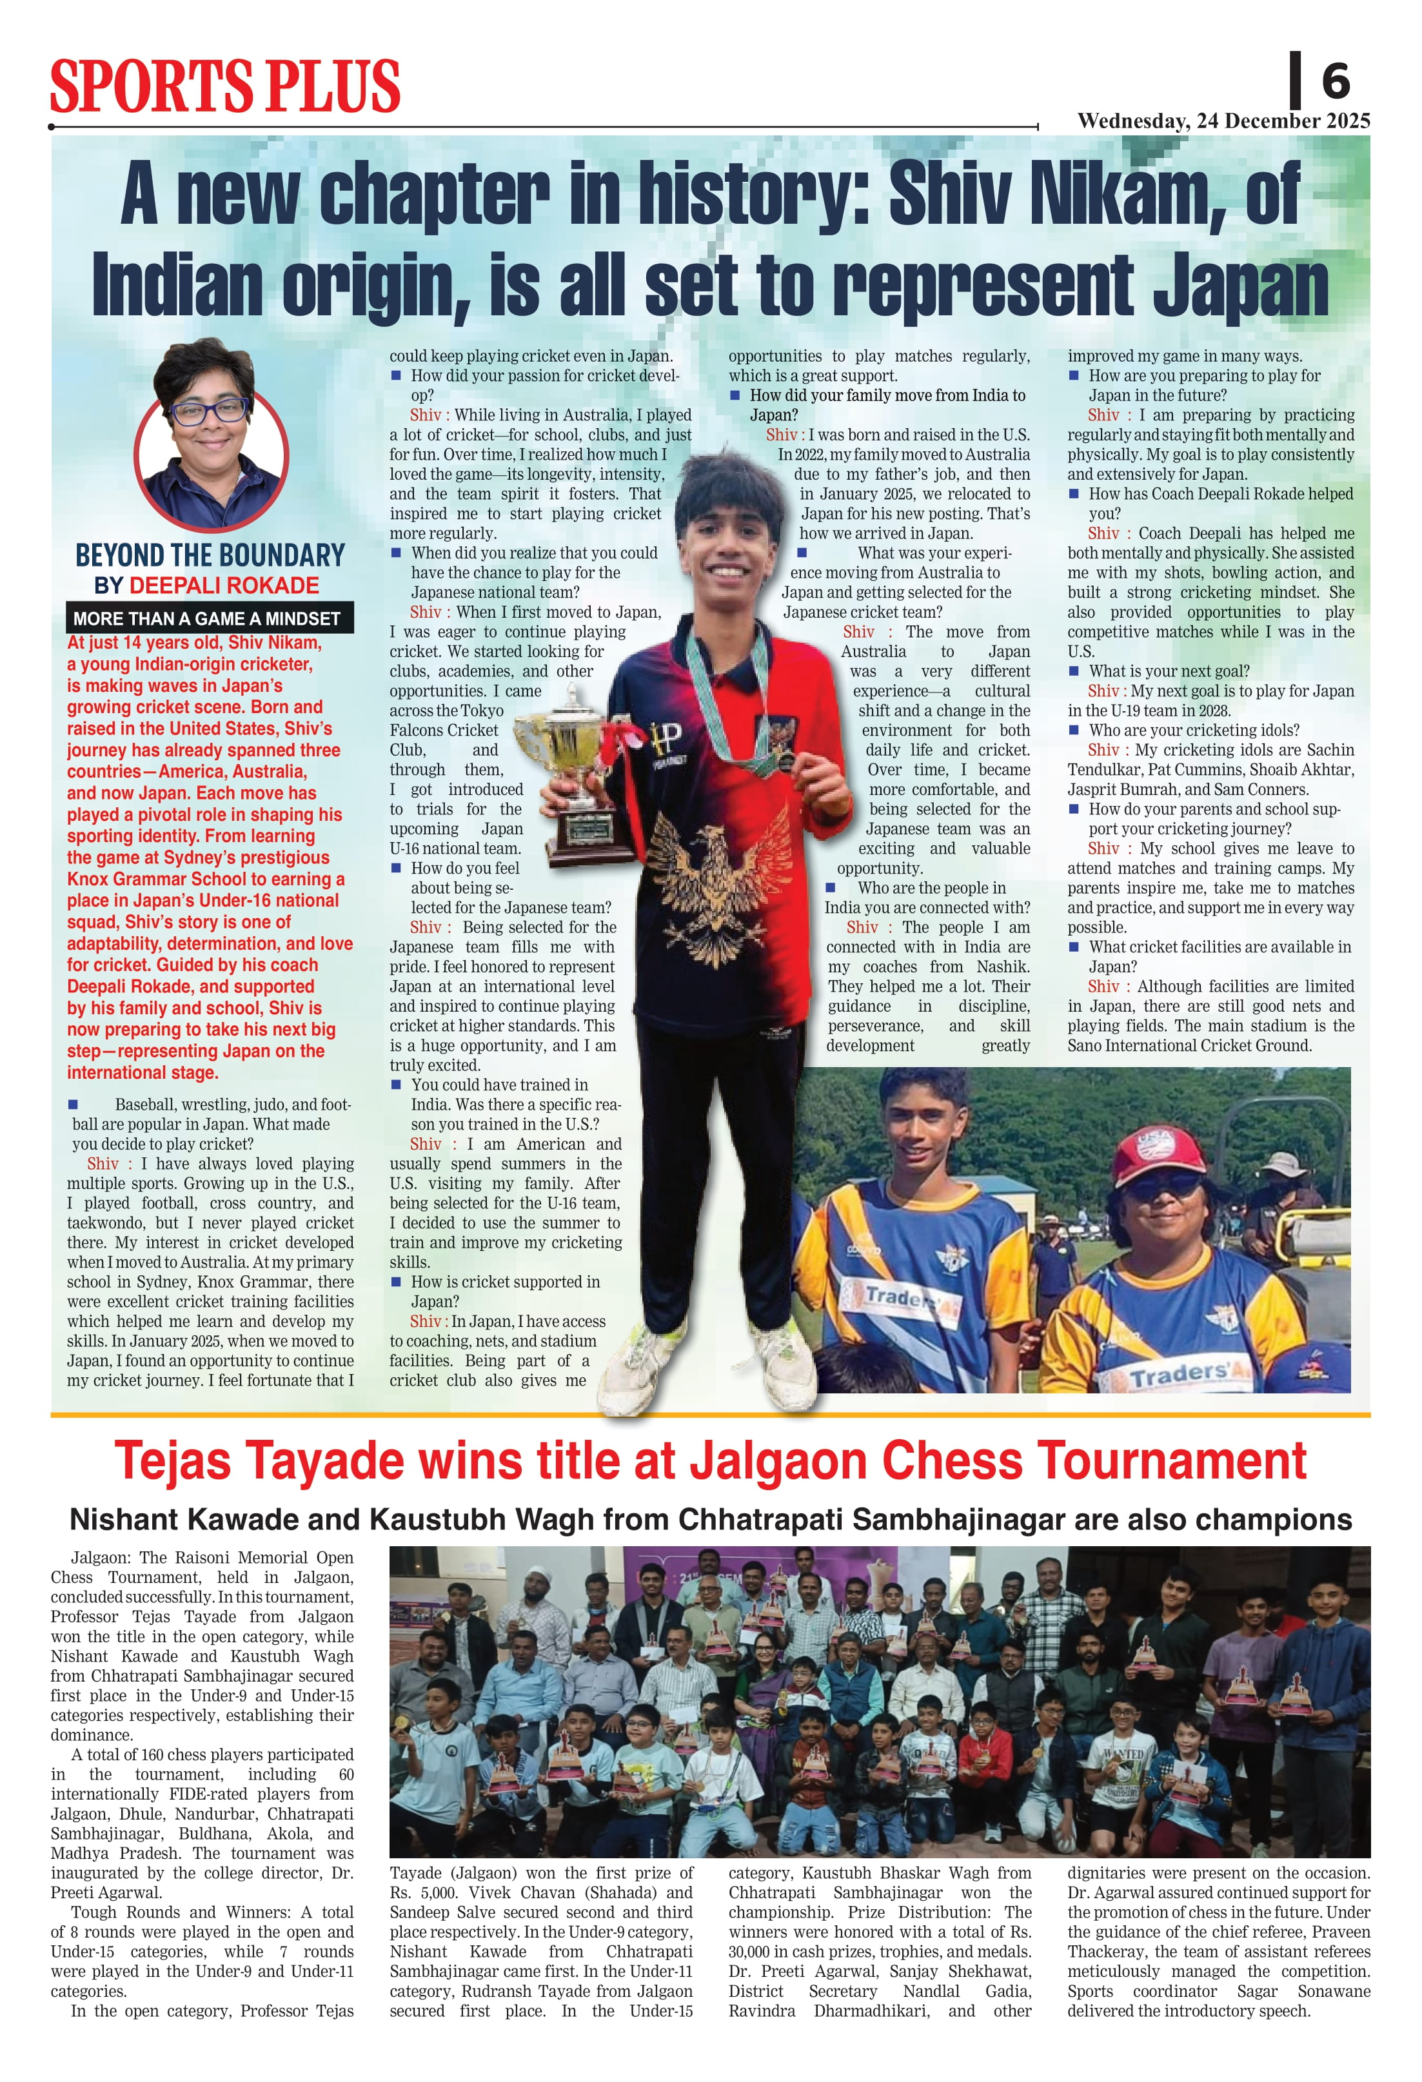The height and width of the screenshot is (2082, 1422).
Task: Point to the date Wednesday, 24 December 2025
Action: point(1223,121)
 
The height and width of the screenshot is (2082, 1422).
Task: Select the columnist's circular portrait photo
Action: point(211,435)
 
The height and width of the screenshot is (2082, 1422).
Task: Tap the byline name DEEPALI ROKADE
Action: point(224,586)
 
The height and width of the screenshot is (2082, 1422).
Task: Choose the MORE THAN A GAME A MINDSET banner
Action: point(207,618)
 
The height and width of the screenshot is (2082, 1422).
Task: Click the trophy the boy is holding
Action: point(573,771)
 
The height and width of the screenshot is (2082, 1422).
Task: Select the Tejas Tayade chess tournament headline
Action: point(711,1461)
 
